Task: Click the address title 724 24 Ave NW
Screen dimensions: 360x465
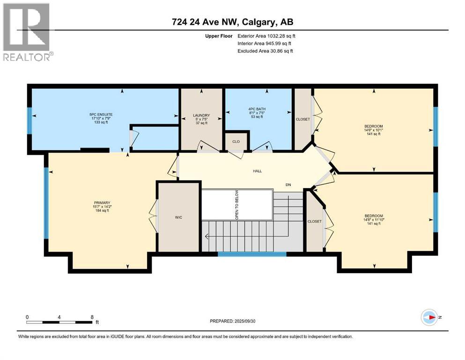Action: pos(232,22)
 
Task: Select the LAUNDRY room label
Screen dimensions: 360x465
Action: pos(202,115)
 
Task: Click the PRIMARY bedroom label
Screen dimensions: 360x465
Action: pos(102,202)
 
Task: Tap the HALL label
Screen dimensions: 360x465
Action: pos(257,171)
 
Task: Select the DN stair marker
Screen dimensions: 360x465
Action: pos(288,185)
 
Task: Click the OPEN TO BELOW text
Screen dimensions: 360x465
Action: pos(237,205)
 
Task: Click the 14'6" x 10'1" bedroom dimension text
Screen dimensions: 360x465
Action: pos(373,130)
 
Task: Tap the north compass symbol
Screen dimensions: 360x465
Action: pos(429,317)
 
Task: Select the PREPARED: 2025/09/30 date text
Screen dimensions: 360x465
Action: pos(234,321)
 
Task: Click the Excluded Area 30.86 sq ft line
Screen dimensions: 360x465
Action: pos(265,51)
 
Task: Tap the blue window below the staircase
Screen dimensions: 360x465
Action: pos(252,254)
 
